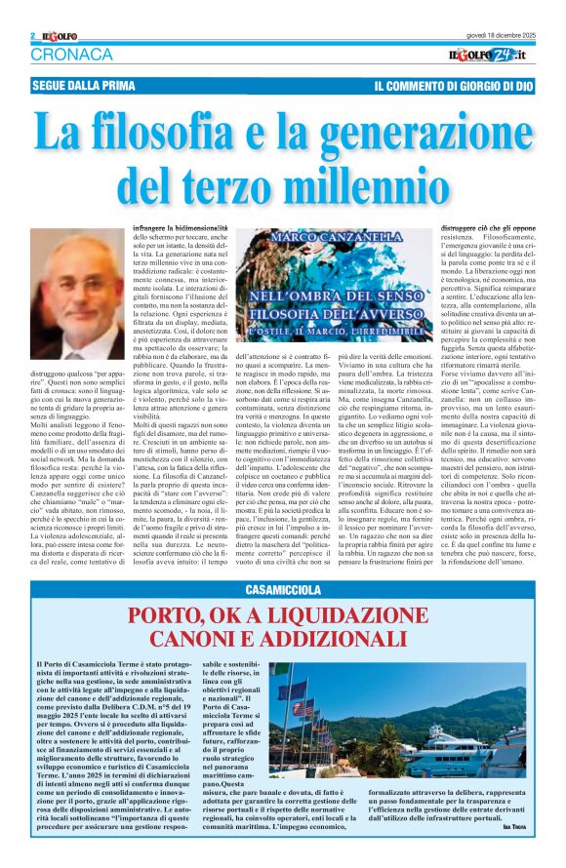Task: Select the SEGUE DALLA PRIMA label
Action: pyautogui.click(x=84, y=86)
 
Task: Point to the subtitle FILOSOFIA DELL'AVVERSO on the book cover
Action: pyautogui.click(x=318, y=316)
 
